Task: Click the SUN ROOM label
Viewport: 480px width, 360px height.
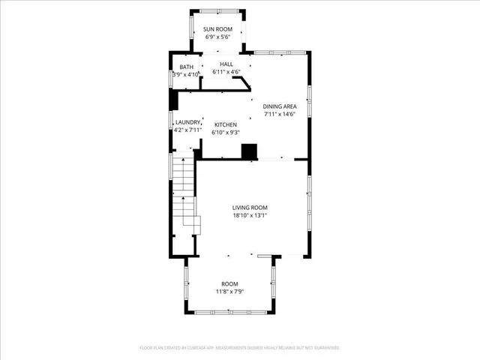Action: click(218, 29)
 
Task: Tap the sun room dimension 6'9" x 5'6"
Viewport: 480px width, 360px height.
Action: click(218, 37)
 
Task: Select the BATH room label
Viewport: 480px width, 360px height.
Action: click(186, 67)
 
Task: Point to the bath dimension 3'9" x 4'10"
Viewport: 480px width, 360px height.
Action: click(186, 75)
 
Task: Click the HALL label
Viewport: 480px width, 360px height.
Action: click(226, 64)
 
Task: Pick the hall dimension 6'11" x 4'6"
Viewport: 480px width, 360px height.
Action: click(226, 72)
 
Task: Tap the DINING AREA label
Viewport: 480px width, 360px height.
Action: click(279, 107)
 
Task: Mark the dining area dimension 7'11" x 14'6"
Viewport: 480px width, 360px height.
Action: click(279, 115)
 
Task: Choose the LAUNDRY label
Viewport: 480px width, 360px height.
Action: click(187, 122)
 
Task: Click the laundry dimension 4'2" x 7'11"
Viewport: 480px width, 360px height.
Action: click(187, 130)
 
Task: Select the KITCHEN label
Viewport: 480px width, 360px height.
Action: click(226, 124)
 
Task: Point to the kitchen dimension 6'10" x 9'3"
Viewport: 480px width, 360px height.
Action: click(226, 132)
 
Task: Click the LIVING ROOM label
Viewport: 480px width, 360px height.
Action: click(250, 208)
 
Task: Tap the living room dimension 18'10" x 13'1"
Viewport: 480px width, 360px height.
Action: click(250, 216)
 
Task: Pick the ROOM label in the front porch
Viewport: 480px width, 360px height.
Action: click(229, 283)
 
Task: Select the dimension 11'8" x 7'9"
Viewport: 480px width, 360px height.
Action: click(229, 291)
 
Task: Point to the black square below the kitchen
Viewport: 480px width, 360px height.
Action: click(248, 151)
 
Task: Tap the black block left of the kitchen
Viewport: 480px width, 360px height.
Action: click(173, 100)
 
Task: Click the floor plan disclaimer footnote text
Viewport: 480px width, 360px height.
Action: click(240, 348)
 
